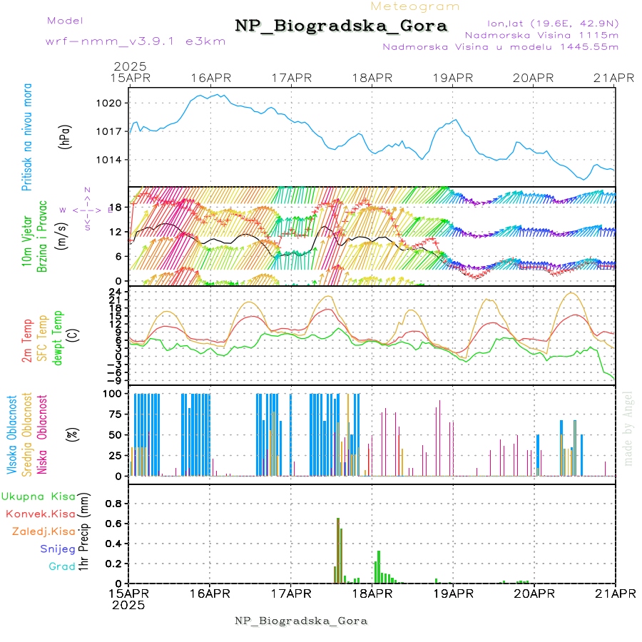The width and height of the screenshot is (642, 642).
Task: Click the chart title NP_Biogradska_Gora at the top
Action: pyautogui.click(x=341, y=26)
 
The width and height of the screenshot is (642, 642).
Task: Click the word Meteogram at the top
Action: pyautogui.click(x=415, y=6)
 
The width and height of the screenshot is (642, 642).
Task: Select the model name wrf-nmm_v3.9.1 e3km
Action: pyautogui.click(x=136, y=41)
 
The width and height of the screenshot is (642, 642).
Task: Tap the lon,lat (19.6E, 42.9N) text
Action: pyautogui.click(x=552, y=23)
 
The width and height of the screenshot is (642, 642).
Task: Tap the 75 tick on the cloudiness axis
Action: pyautogui.click(x=114, y=413)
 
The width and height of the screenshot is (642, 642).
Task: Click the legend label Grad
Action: pyautogui.click(x=62, y=566)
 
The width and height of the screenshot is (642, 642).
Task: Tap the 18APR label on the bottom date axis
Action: pyautogui.click(x=372, y=593)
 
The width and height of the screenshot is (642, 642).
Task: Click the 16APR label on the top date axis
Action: pyautogui.click(x=210, y=78)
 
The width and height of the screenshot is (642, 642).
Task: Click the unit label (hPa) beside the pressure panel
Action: pyautogui.click(x=66, y=136)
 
